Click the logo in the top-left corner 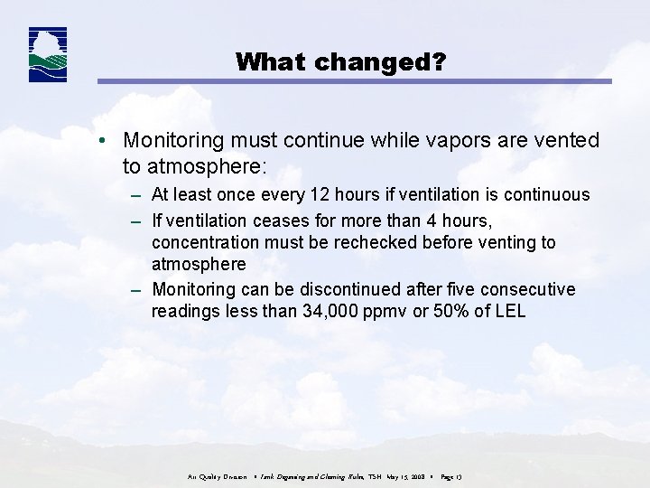click(x=48, y=55)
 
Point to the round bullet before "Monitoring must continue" click(x=106, y=142)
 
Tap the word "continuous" click(x=546, y=194)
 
